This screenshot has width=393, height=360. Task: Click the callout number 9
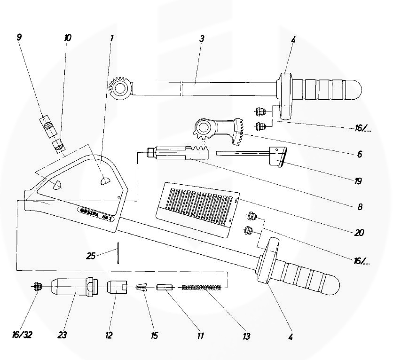pyautogui.click(x=19, y=37)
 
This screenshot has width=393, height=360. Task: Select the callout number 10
pyautogui.click(x=68, y=37)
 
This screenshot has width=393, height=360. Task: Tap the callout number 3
pyautogui.click(x=201, y=39)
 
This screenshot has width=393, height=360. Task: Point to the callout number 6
pyautogui.click(x=359, y=154)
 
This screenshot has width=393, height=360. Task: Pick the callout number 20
pyautogui.click(x=360, y=232)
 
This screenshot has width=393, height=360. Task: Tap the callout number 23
pyautogui.click(x=62, y=336)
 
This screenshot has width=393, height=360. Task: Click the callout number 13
pyautogui.click(x=246, y=337)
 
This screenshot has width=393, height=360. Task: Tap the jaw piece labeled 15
pyautogui.click(x=142, y=287)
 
